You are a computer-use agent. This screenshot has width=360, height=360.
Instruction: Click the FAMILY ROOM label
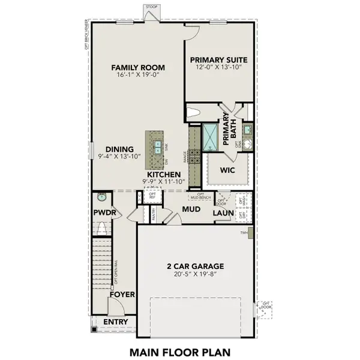[x=138, y=67]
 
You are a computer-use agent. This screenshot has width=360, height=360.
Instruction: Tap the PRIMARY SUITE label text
[x=218, y=60]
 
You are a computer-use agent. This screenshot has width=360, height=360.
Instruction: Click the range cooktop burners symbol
[x=194, y=157]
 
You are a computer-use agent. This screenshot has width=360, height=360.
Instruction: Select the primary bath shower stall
[x=211, y=138]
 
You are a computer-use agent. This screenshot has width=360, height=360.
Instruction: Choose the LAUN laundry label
[x=222, y=212]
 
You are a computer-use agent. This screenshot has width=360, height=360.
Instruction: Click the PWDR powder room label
[x=104, y=212]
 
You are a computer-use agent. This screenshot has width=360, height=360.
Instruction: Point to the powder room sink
[x=101, y=196]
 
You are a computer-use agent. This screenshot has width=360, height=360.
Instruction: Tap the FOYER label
[x=122, y=295]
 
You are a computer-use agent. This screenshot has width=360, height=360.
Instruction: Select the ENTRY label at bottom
[x=115, y=322]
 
